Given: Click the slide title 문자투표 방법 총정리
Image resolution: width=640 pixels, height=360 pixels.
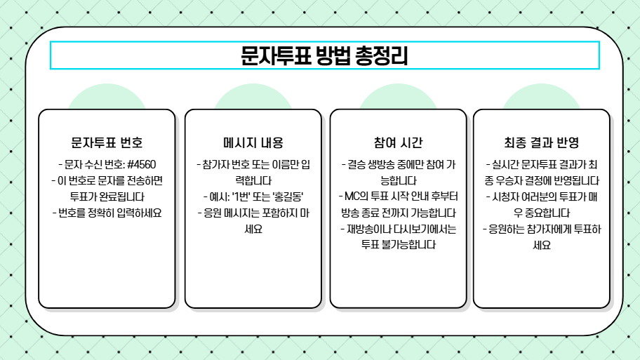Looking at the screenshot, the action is (x=324, y=55).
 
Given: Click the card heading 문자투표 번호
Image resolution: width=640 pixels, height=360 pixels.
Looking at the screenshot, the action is (x=107, y=142).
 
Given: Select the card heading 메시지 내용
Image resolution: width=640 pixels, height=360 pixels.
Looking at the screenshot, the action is (x=253, y=142).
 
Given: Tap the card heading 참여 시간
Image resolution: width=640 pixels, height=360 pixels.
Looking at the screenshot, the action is (x=398, y=142).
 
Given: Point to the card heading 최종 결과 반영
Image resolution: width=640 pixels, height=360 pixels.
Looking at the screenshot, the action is (x=541, y=142).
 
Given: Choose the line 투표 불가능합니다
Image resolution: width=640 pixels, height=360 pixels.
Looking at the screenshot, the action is (x=398, y=245).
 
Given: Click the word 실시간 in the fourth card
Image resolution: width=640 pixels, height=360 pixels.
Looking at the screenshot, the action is (x=505, y=165).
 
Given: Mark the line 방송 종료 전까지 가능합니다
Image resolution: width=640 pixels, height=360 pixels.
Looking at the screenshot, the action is (x=398, y=213).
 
